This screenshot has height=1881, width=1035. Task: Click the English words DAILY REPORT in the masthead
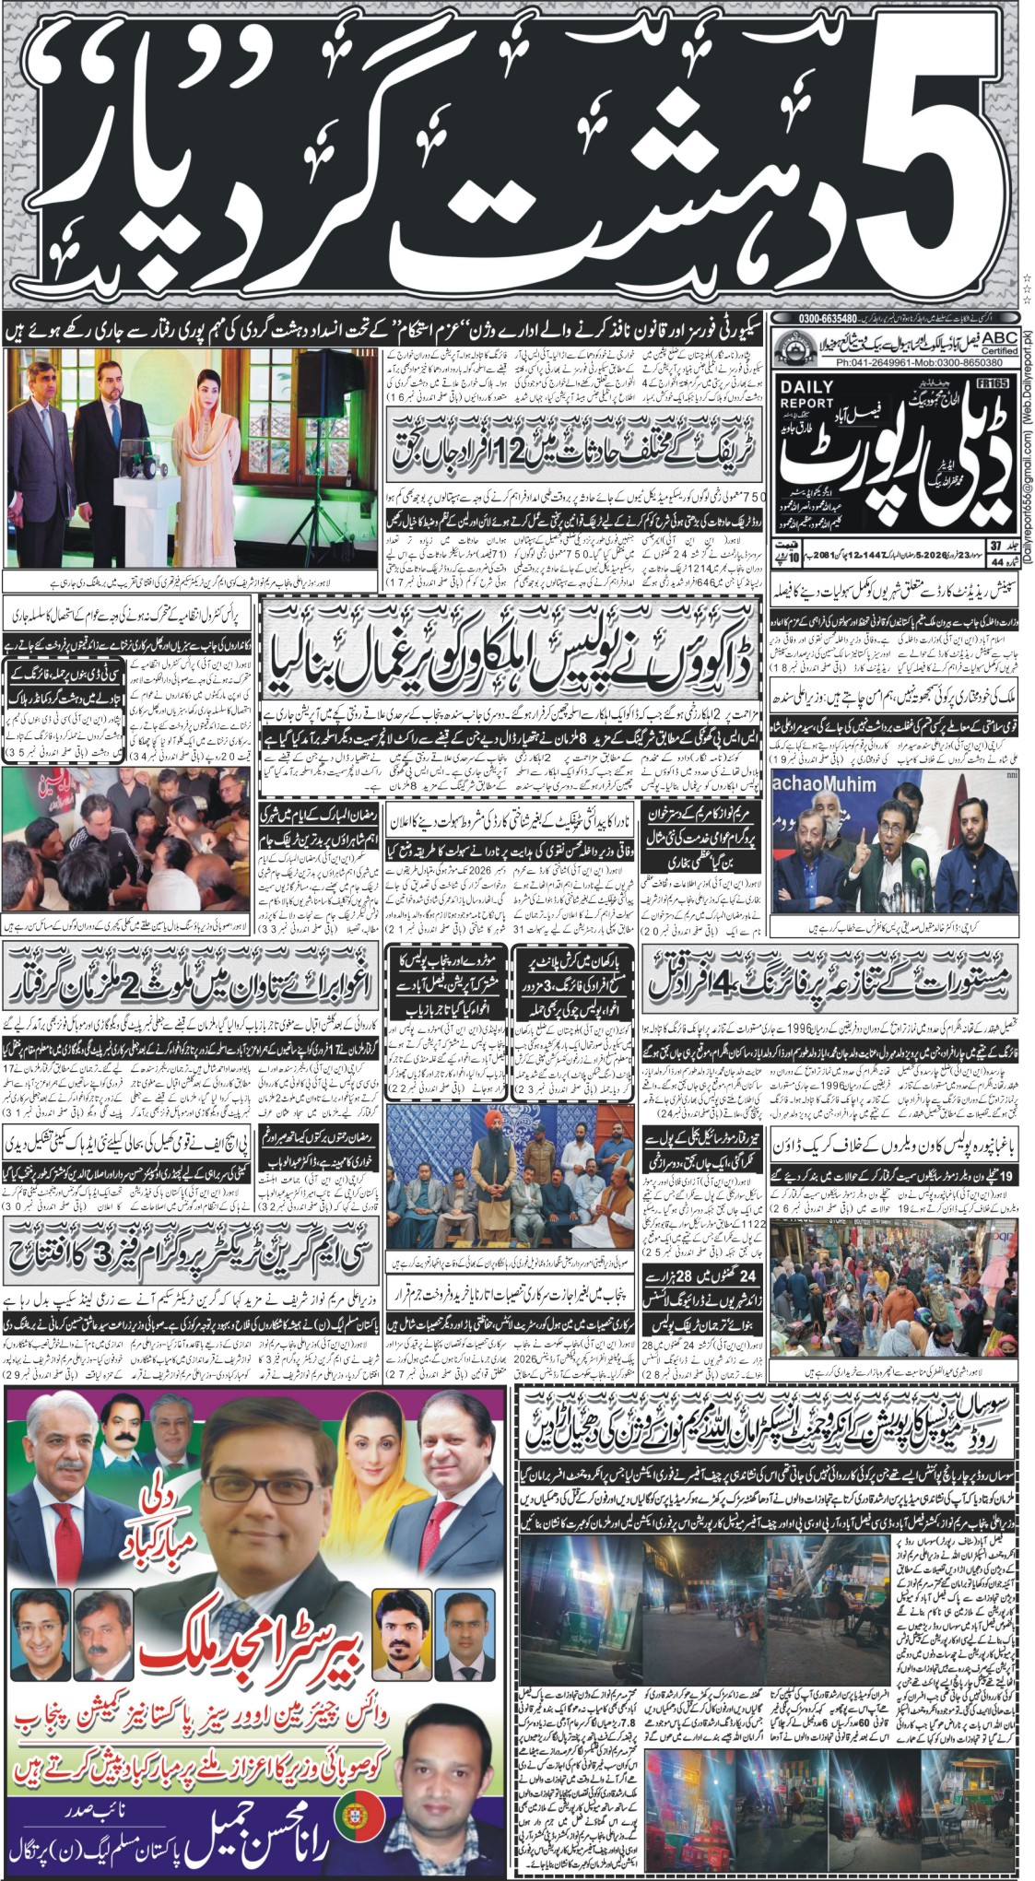coord(806,394)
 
